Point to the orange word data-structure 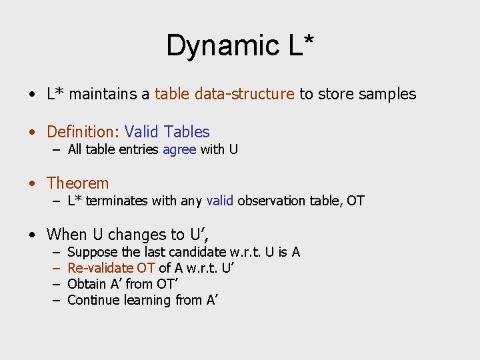coord(244,94)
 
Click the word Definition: coord(83,132)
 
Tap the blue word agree coord(179,149)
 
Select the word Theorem coord(77,183)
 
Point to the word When coord(67,235)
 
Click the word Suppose coord(92,252)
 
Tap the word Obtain coord(87,284)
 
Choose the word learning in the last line coord(145,300)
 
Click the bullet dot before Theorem coord(32,183)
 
